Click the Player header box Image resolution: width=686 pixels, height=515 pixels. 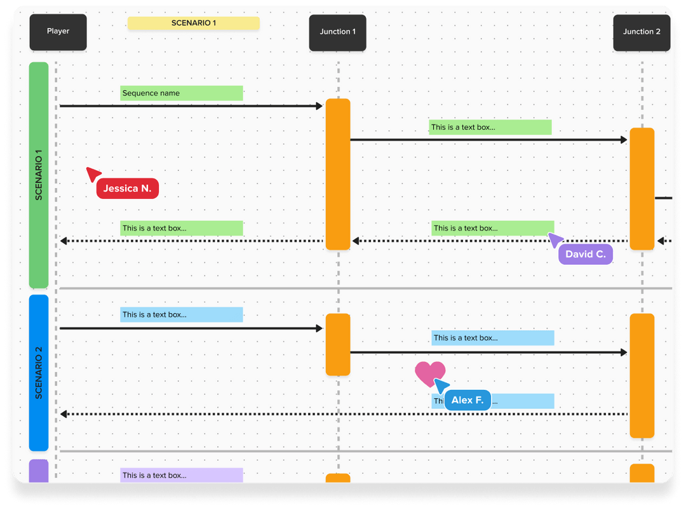pos(58,32)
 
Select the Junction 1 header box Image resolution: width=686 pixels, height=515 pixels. pos(337,32)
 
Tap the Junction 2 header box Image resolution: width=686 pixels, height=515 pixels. pos(642,32)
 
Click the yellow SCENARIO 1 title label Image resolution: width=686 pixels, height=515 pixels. pos(194,23)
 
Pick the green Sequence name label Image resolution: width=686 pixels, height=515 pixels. pos(182,93)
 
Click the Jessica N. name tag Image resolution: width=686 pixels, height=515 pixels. pos(128,189)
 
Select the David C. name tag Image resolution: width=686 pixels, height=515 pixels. pos(585,254)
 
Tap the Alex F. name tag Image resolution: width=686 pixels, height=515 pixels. pos(467,401)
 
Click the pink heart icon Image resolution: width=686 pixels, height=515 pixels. pos(429,373)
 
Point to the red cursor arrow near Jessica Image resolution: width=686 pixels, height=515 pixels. pos(93,173)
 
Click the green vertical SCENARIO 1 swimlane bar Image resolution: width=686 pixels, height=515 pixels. pos(39,175)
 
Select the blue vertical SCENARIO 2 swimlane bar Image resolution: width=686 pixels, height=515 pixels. pos(39,373)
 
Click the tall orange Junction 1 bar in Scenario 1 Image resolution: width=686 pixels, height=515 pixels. pos(338,174)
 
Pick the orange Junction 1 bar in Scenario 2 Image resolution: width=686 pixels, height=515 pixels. pos(338,344)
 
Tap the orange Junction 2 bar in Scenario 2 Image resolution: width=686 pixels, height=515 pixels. pos(642,375)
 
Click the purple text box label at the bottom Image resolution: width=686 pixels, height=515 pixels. pos(182,475)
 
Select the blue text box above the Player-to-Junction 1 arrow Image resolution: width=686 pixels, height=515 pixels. pos(182,314)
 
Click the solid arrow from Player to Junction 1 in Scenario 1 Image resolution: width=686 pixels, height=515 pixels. pos(191,106)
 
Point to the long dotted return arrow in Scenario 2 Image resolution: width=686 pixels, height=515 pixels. pos(343,414)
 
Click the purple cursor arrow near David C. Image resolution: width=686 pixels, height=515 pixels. pos(555,239)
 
